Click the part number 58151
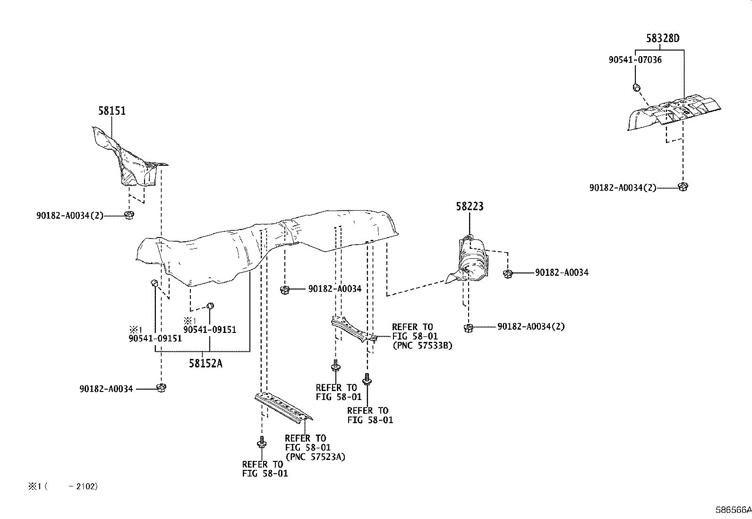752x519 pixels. [112, 111]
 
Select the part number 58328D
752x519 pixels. [663, 38]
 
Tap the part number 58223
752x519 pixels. [470, 206]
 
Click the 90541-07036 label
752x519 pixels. [635, 60]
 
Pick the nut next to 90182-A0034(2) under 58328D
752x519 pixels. [682, 187]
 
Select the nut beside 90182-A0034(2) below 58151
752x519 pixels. [129, 215]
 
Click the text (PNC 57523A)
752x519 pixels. [315, 457]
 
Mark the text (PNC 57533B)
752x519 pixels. [422, 346]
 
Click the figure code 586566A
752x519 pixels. [733, 510]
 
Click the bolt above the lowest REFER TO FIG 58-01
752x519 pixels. [261, 443]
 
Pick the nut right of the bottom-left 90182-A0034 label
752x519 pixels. [161, 388]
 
